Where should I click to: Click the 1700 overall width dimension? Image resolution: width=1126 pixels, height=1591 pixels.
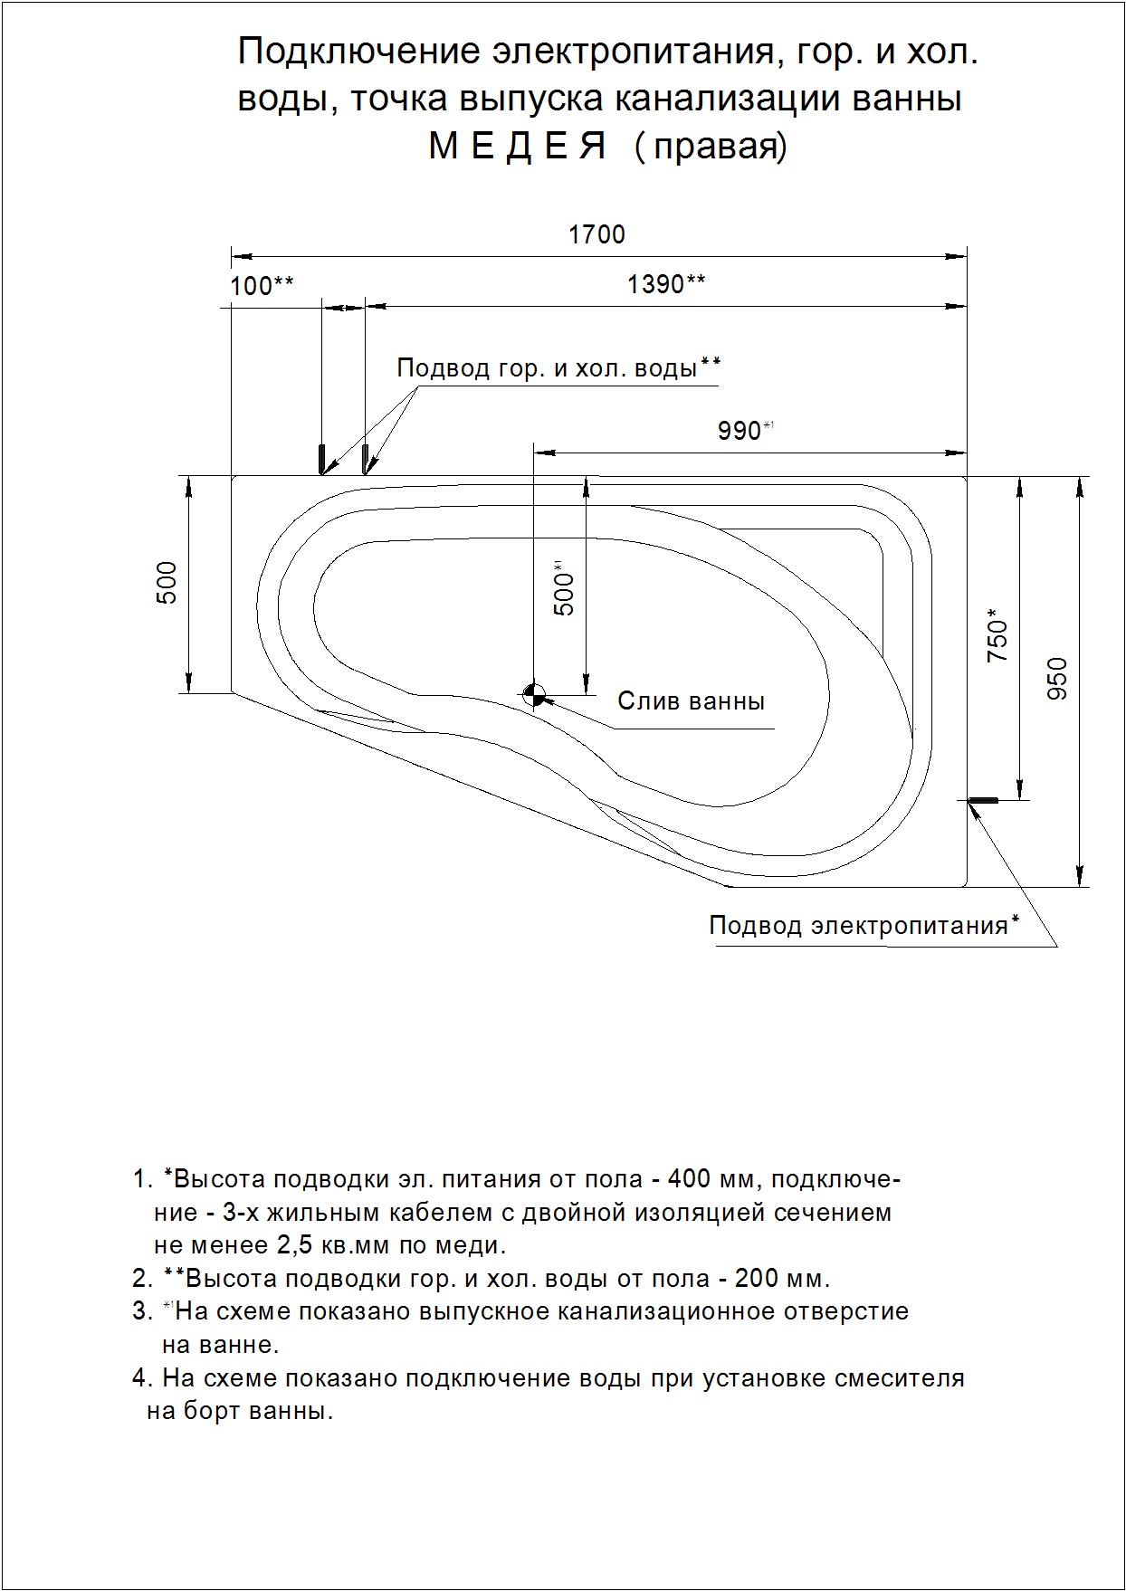coord(596,235)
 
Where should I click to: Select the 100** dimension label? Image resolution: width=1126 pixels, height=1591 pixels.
coord(262,286)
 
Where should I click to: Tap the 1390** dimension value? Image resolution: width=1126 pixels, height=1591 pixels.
coord(666,284)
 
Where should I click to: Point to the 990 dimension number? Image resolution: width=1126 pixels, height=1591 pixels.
coord(740,431)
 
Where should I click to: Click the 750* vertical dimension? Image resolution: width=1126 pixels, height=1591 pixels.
coord(997,640)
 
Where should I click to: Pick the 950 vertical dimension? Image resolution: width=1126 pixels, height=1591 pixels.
coord(1057,678)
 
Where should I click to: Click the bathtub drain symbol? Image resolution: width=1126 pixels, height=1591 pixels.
coord(534,696)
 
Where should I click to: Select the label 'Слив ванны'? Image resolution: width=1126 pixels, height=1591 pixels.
coord(691,701)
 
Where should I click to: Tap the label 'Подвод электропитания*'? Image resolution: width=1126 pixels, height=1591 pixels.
coord(864,925)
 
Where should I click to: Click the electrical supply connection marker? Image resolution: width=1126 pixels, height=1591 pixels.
coord(983,800)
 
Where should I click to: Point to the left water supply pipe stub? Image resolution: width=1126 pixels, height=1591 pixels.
coord(320,459)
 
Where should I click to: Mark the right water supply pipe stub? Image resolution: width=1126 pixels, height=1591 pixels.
coord(365,459)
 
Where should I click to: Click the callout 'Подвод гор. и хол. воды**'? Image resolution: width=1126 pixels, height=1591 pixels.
coord(558,368)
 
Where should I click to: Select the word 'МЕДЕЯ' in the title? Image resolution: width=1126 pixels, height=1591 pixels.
coord(516,146)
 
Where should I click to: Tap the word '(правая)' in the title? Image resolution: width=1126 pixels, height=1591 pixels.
coord(711,147)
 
